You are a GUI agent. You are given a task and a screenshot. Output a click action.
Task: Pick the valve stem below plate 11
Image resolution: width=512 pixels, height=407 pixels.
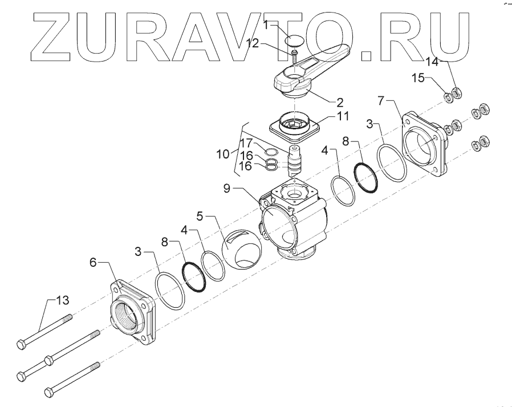click(x=295, y=162)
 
